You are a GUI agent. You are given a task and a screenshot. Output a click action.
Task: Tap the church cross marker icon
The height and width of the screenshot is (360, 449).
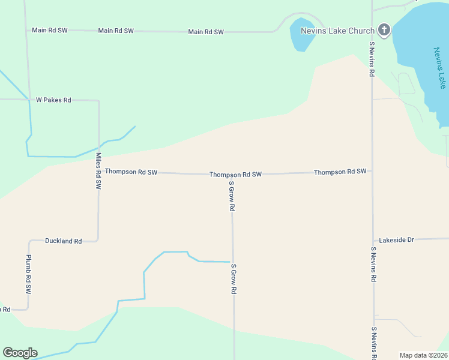coord(384,30)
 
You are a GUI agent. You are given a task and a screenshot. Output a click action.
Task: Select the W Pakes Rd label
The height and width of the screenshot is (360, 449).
coord(53,100)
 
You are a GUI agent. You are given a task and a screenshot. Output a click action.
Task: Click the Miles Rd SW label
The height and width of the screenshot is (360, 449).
coord(98,171)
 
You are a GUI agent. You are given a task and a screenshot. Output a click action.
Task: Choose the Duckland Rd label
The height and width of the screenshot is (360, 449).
coord(63,241)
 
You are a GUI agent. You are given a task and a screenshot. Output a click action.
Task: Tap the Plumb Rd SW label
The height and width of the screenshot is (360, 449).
coord(28,274)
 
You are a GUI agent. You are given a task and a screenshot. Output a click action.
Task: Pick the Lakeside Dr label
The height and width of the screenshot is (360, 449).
coord(397,240)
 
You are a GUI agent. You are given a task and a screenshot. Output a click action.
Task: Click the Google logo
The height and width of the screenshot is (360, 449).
coord(20,353)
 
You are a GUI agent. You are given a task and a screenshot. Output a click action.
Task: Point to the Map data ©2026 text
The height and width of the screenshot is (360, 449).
coord(423,355)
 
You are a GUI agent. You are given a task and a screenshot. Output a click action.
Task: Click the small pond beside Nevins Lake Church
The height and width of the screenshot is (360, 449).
coord(298,35)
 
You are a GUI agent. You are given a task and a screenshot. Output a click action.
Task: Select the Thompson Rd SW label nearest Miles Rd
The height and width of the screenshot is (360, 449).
coord(131,172)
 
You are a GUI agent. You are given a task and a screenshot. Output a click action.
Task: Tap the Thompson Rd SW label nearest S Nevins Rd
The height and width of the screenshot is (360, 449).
coord(340,172)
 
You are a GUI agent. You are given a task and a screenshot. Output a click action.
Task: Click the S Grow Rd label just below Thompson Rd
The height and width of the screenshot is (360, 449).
coord(231,196)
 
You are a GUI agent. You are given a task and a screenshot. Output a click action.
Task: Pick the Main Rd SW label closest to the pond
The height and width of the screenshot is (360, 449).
coord(206,32)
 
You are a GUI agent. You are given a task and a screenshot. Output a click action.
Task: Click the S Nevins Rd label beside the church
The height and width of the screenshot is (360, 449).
coord(372,59)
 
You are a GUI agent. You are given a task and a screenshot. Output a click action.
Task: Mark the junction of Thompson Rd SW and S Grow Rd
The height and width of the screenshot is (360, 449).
coord(232,175)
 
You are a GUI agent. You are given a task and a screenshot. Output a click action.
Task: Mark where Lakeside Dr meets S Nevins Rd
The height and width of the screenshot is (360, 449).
coord(373,240)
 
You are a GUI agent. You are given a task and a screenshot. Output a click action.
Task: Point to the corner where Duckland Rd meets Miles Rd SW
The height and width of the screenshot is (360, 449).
coord(98,240)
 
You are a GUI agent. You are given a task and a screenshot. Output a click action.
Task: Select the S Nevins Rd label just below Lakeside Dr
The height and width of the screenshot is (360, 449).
coord(373,265)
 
